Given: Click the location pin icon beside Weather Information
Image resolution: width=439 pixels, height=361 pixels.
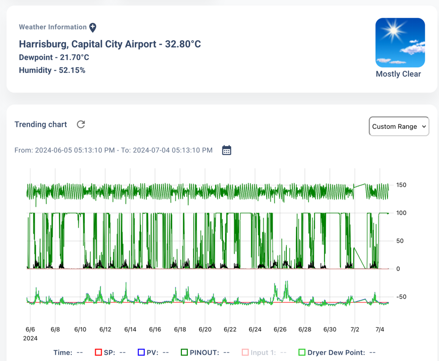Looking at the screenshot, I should click(x=93, y=27).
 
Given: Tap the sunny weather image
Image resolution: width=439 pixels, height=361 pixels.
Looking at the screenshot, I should click(x=400, y=43).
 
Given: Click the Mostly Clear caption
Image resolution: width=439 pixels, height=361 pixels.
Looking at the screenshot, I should click(x=398, y=74).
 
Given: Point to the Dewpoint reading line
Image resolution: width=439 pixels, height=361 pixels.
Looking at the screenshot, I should click(x=54, y=57).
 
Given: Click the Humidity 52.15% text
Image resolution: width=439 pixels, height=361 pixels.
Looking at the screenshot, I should click(x=52, y=70).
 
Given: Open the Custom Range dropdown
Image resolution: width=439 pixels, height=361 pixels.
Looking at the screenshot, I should click(x=399, y=126).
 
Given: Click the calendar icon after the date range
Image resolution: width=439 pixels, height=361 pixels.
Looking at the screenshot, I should click(x=226, y=150).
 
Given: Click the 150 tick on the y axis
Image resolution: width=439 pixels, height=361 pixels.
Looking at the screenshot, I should click(x=401, y=185).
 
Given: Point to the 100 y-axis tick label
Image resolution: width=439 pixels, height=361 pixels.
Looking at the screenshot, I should click(x=401, y=213).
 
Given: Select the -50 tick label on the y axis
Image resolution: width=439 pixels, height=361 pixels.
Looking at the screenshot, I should click(x=401, y=297).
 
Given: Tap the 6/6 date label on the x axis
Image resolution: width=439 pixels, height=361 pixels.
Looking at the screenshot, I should click(x=30, y=329).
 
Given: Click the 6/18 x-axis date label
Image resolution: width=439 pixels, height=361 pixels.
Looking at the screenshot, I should click(x=180, y=329).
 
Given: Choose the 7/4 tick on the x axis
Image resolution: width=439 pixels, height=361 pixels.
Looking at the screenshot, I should click(x=380, y=329).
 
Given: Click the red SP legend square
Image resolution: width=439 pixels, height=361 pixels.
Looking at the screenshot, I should click(x=98, y=353).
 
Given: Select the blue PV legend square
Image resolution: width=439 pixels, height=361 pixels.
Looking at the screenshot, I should click(x=141, y=353).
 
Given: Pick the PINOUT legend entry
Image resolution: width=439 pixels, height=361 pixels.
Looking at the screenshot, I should click(x=204, y=353).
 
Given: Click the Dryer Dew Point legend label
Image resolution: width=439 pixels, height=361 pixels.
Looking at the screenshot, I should click(x=336, y=353).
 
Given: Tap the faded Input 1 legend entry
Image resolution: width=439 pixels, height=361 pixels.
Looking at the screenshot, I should click(x=263, y=353).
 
